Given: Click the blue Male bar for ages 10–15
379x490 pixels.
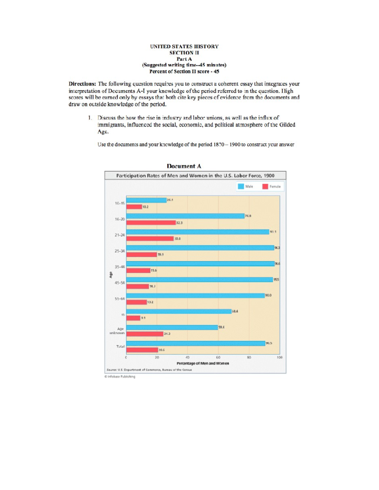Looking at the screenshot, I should coord(146,200).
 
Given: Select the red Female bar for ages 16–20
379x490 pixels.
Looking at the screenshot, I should coord(151,223).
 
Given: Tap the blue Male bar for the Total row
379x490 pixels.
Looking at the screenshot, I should coord(196,343).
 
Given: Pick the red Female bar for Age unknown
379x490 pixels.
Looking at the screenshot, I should coord(145,334).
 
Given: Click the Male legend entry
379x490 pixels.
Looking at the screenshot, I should coord(245,186).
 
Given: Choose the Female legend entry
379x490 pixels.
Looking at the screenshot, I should coord(271,186).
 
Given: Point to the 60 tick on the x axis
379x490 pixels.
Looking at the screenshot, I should coord(218,357).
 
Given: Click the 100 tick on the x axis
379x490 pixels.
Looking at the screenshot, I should coord(280,357).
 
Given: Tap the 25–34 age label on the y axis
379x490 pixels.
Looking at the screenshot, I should coord(119,251).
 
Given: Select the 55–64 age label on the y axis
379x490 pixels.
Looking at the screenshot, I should coord(119,298).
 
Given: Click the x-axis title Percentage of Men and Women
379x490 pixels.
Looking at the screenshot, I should coord(203,363).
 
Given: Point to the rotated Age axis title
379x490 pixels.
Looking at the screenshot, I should coord(111,275).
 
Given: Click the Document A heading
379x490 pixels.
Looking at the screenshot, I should coord(184,166).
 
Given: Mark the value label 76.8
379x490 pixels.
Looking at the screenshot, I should coord(248,216).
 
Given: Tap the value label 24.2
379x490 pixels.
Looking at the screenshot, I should coord(167,334).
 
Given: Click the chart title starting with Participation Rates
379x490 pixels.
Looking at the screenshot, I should coord(195,176).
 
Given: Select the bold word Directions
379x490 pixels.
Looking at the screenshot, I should coord(82,84).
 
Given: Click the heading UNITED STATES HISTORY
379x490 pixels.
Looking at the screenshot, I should coord(184,46).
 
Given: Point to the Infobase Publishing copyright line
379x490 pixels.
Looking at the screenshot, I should coord(120,376).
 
